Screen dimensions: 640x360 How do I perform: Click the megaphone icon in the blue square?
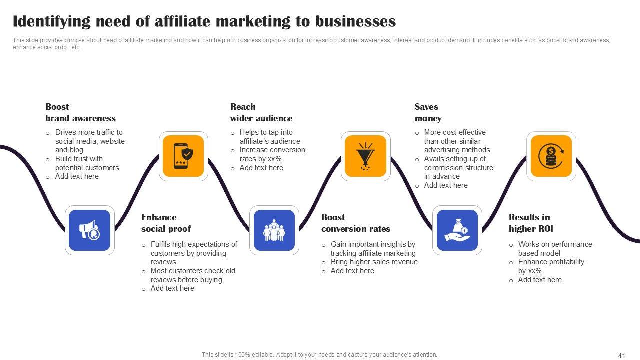coord(90,230)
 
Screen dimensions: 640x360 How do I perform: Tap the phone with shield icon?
coord(183,156)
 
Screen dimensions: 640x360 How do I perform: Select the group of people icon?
coord(274,230)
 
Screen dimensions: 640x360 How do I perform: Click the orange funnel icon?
coord(366,156)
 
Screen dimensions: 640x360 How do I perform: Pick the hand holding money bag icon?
coord(457,230)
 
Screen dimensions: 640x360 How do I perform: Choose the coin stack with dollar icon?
coord(551,156)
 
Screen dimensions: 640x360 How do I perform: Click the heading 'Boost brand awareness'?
coord(80,112)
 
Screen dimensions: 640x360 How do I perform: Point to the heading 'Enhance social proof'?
coord(166,223)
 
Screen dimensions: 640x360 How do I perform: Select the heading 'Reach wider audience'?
coord(261,112)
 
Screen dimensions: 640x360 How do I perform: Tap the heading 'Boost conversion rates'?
coord(356,223)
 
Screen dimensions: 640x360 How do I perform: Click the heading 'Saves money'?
coord(428,112)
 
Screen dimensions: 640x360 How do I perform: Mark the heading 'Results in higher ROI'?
coord(531,223)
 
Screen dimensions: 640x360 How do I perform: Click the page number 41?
coord(622,356)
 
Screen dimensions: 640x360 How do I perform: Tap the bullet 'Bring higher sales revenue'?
coord(374,262)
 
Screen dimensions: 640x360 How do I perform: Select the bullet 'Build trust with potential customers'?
coord(87,163)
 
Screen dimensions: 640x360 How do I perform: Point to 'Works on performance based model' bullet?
coord(548,248)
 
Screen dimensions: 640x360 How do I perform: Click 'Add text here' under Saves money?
coord(446,185)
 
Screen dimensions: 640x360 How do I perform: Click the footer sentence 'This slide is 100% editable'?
coord(319,355)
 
